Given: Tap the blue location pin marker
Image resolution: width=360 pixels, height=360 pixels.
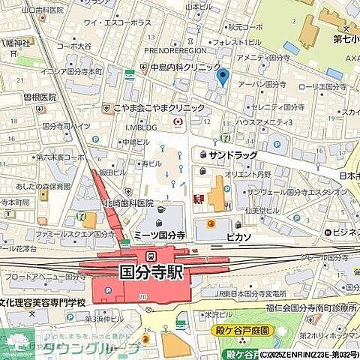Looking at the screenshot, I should point(221,76).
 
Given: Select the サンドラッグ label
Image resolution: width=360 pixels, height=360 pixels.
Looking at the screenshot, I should point(233,155).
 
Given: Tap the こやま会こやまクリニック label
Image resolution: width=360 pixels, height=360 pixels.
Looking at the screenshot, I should point(159,108).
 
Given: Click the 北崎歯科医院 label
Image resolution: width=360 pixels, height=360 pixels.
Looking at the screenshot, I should point(128,203).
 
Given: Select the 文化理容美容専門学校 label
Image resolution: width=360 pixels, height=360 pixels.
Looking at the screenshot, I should point(43,302).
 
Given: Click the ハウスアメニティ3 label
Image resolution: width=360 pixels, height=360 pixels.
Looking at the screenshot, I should point(264,121).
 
